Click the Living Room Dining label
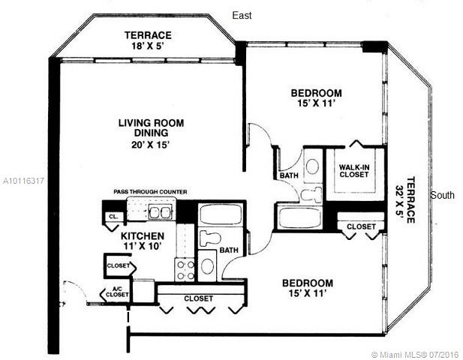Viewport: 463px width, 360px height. (x=151, y=127)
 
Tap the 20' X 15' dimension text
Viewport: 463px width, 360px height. (x=151, y=145)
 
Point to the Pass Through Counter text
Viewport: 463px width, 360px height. (x=150, y=192)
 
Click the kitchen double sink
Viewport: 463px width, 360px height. (x=160, y=211)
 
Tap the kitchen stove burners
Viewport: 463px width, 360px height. (x=185, y=270)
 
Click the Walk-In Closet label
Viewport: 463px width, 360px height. (x=354, y=171)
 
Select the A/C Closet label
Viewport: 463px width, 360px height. (x=117, y=292)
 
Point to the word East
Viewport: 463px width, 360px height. (x=242, y=15)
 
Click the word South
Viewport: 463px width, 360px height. (x=442, y=195)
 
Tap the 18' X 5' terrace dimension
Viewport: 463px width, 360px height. (x=147, y=46)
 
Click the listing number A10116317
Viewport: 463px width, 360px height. (x=23, y=181)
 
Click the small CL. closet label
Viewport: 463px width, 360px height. (x=113, y=216)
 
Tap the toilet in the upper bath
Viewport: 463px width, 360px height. (x=311, y=194)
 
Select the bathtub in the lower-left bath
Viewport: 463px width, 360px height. (x=221, y=214)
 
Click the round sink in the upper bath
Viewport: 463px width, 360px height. (x=312, y=166)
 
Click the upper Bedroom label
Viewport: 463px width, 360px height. (x=316, y=93)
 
